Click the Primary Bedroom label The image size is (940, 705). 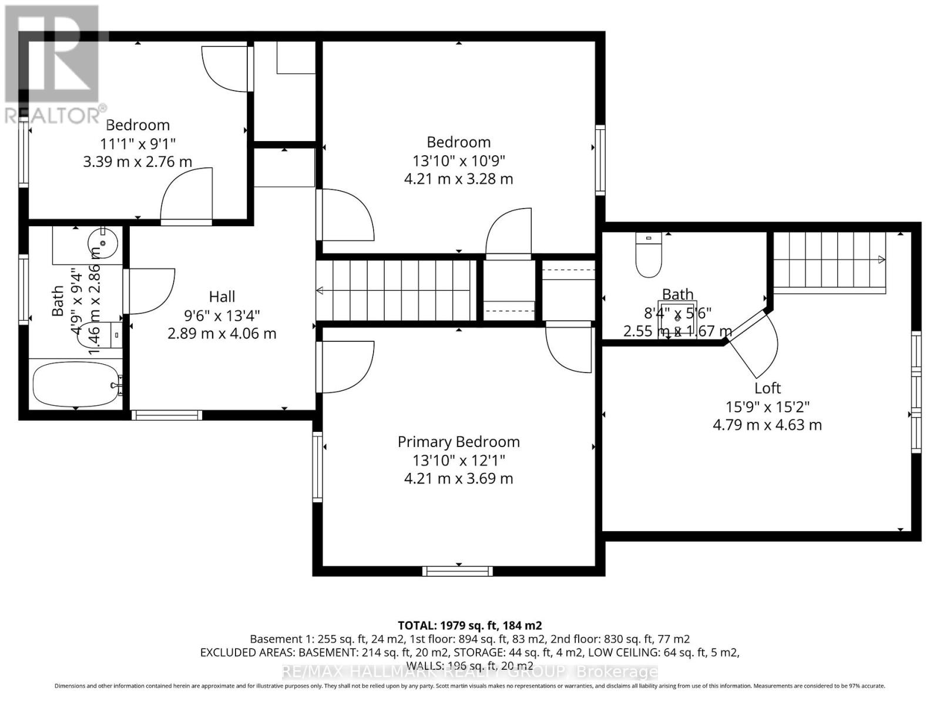click(458, 442)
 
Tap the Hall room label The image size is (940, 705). click(222, 297)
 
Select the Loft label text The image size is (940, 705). click(767, 388)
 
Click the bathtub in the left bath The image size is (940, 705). click(75, 385)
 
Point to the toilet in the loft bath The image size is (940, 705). click(649, 255)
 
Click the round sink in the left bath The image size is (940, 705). click(103, 243)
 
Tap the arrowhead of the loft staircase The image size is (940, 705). click(881, 260)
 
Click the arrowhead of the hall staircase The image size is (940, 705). click(320, 290)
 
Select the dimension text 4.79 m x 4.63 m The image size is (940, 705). click(767, 425)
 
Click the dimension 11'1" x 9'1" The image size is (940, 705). click(137, 143)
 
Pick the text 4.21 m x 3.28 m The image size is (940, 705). click(458, 179)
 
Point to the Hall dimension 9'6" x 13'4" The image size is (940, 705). click(222, 315)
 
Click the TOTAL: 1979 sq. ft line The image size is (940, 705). click(469, 625)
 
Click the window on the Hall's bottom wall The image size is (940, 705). click(167, 415)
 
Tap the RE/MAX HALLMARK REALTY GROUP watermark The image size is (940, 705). click(469, 672)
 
